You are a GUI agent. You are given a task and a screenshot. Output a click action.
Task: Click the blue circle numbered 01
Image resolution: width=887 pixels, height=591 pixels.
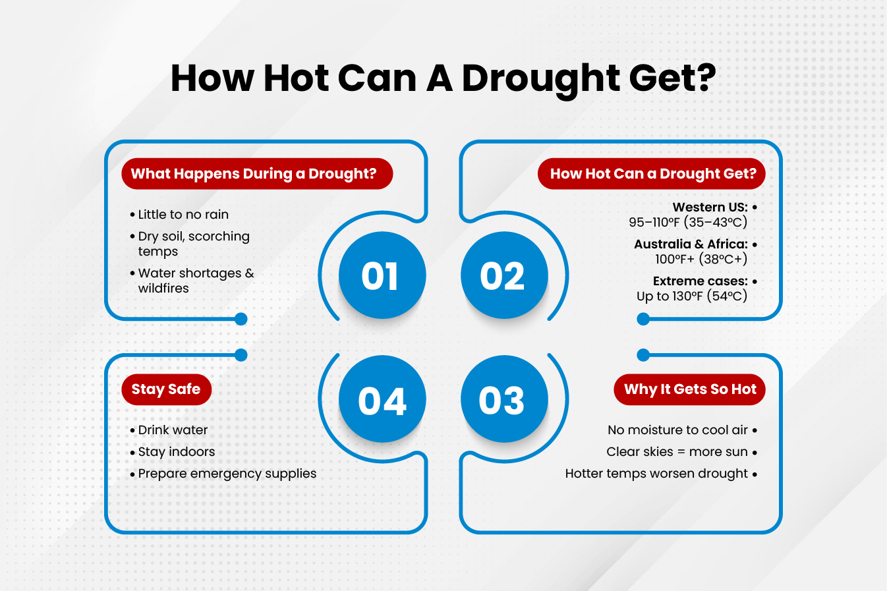click(382, 275)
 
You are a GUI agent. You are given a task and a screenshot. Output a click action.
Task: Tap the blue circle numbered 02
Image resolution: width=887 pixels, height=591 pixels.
click(504, 275)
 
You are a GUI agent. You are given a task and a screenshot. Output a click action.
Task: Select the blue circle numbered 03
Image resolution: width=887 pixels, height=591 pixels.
click(504, 399)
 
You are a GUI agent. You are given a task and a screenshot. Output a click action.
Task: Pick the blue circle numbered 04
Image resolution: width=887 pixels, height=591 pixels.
click(382, 399)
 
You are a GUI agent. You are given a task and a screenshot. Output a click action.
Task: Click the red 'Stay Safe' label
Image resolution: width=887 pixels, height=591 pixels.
click(166, 389)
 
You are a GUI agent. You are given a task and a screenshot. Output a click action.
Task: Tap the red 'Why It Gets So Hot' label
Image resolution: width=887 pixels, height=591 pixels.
click(689, 389)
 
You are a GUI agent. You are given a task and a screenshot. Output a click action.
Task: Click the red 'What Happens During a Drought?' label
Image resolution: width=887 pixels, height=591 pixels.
click(257, 173)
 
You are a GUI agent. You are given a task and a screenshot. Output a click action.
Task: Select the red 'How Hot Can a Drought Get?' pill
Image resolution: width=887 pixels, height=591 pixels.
click(651, 173)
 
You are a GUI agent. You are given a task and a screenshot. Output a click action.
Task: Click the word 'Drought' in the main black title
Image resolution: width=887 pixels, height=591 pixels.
click(541, 79)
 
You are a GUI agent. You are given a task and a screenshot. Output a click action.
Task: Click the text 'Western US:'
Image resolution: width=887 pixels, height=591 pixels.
click(710, 207)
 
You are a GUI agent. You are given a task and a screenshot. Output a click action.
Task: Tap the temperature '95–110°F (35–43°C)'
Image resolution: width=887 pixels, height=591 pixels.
click(688, 222)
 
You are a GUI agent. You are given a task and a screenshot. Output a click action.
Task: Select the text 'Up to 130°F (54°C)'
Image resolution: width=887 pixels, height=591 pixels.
click(692, 296)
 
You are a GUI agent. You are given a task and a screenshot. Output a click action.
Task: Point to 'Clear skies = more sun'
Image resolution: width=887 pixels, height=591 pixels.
click(677, 452)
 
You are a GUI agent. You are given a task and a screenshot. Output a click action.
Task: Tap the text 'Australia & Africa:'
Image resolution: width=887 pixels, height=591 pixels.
click(691, 244)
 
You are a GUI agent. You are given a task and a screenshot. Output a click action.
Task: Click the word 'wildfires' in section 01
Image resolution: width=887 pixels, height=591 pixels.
click(163, 288)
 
